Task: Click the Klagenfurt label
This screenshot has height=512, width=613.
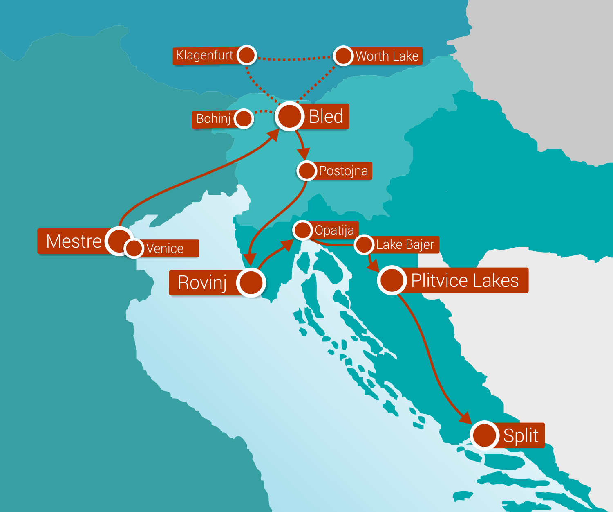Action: (x=204, y=55)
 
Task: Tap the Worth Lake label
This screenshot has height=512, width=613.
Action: (x=387, y=56)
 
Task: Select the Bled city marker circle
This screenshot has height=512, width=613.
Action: (x=289, y=116)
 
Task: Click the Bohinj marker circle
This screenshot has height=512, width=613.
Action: (x=244, y=119)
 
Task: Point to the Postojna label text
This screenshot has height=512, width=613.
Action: (x=343, y=171)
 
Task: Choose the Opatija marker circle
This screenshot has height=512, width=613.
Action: (x=303, y=230)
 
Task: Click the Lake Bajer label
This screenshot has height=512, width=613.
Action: (x=405, y=245)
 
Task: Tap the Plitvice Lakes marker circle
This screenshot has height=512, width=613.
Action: (x=392, y=280)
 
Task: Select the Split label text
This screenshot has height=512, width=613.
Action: (x=521, y=435)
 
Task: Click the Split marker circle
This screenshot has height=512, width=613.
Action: (x=484, y=435)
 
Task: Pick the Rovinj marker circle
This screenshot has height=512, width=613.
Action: (x=251, y=282)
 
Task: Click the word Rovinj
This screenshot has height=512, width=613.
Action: (x=202, y=282)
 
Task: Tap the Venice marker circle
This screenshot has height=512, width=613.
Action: (x=134, y=248)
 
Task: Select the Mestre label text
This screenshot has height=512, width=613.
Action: (x=74, y=241)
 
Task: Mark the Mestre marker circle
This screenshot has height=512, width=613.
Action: (x=118, y=241)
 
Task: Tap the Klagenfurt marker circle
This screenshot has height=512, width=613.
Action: (x=246, y=55)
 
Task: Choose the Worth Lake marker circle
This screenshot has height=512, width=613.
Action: (x=343, y=56)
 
